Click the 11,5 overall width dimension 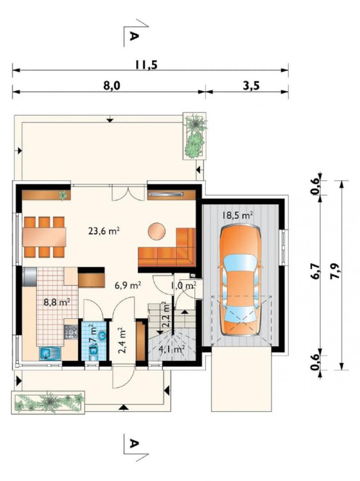[146, 65]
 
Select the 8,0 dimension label [112, 86]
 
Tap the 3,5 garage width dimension [251, 86]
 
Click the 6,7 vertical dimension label [316, 271]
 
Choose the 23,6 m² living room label [104, 231]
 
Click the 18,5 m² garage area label [238, 215]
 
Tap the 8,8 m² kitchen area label [57, 302]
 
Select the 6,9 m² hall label [128, 285]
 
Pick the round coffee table [157, 231]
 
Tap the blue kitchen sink [50, 354]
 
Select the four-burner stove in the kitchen [71, 332]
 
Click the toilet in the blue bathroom [93, 351]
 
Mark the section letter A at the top [133, 36]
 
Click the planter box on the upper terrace [194, 136]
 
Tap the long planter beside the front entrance [48, 402]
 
